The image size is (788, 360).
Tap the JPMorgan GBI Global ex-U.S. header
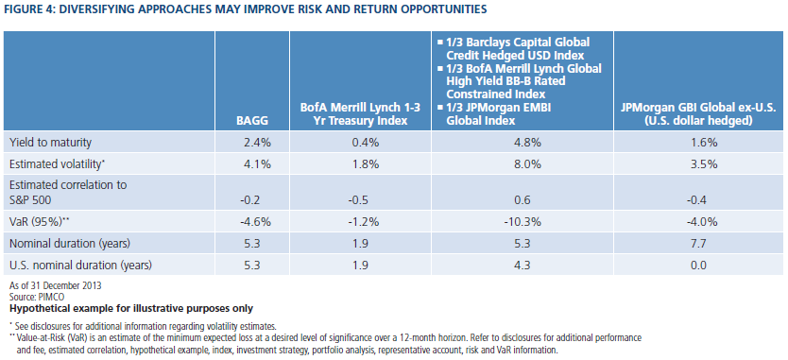tap(699, 115)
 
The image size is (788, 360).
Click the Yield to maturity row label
tap(51, 143)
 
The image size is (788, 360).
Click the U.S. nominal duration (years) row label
tap(81, 264)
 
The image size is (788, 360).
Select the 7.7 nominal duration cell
tap(699, 244)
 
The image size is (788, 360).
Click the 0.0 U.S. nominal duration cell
tap(699, 264)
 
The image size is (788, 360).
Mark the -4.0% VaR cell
tap(699, 223)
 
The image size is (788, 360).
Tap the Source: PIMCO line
tap(30, 297)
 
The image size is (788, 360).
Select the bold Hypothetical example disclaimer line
tap(131, 308)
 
